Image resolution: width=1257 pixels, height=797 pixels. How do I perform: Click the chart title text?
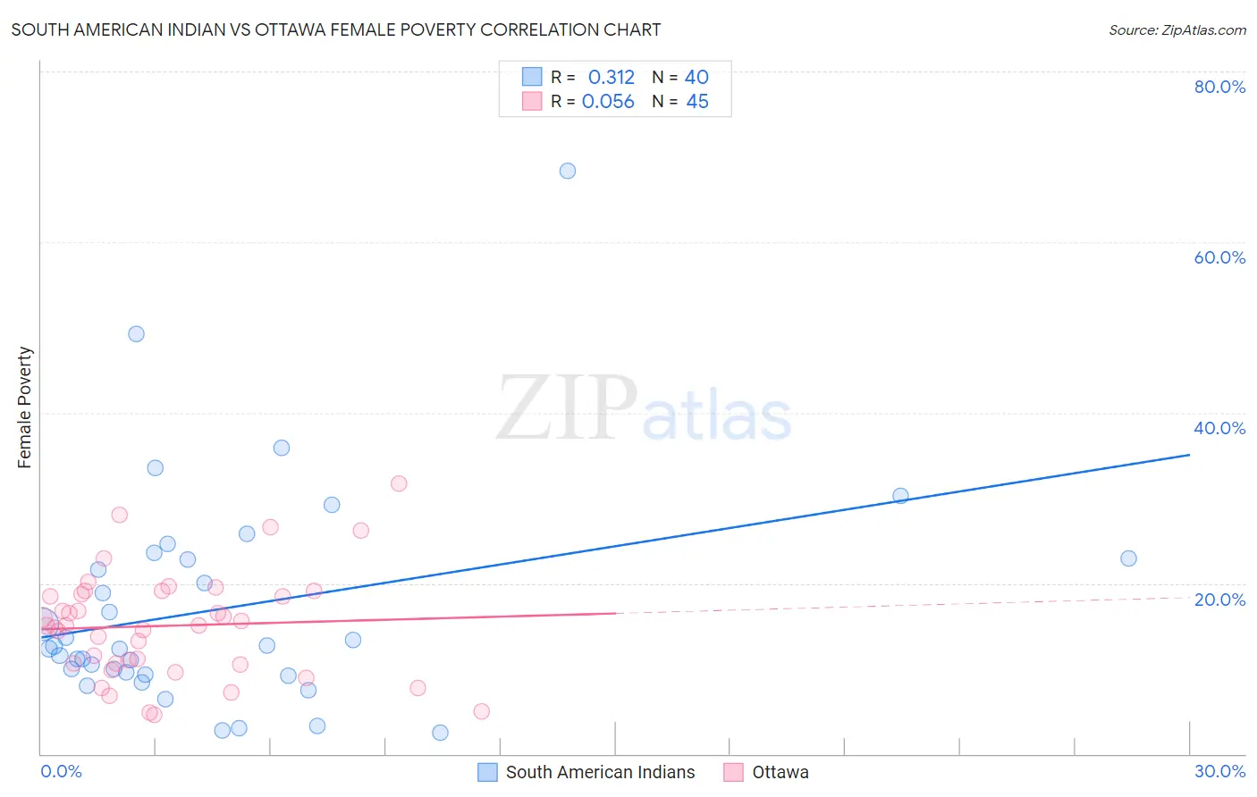(336, 29)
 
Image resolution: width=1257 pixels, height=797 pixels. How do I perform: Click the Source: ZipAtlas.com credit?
(1177, 29)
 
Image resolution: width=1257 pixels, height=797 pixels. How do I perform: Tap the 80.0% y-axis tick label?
(1219, 87)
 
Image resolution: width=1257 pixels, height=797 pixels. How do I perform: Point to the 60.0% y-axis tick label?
(1219, 257)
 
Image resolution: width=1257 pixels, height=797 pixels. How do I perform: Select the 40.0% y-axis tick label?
(1219, 428)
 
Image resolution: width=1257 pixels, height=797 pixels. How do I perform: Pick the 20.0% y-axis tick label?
(1219, 600)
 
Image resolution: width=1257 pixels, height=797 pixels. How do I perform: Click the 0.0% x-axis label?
(61, 771)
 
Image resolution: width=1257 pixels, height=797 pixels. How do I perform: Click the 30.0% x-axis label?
(1219, 771)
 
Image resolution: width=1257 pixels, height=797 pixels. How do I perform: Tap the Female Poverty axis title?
(25, 407)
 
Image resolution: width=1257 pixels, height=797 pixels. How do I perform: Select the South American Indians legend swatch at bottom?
(487, 772)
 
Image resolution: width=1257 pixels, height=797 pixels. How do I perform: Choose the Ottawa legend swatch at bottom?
(733, 772)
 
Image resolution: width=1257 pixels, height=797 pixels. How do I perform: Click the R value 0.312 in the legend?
(611, 78)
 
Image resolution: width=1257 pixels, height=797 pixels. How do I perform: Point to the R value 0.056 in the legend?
(608, 102)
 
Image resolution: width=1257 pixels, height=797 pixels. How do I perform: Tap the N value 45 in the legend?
(697, 102)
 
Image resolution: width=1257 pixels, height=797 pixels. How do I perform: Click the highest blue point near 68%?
(568, 171)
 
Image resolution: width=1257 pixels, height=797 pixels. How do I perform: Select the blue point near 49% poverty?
(136, 334)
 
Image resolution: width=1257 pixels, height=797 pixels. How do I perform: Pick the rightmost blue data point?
(1128, 558)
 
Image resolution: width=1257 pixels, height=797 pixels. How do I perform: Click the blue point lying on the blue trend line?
(900, 496)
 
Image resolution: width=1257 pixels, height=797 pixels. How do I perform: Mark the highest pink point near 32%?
(399, 483)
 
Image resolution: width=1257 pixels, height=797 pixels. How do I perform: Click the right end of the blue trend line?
(1189, 455)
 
